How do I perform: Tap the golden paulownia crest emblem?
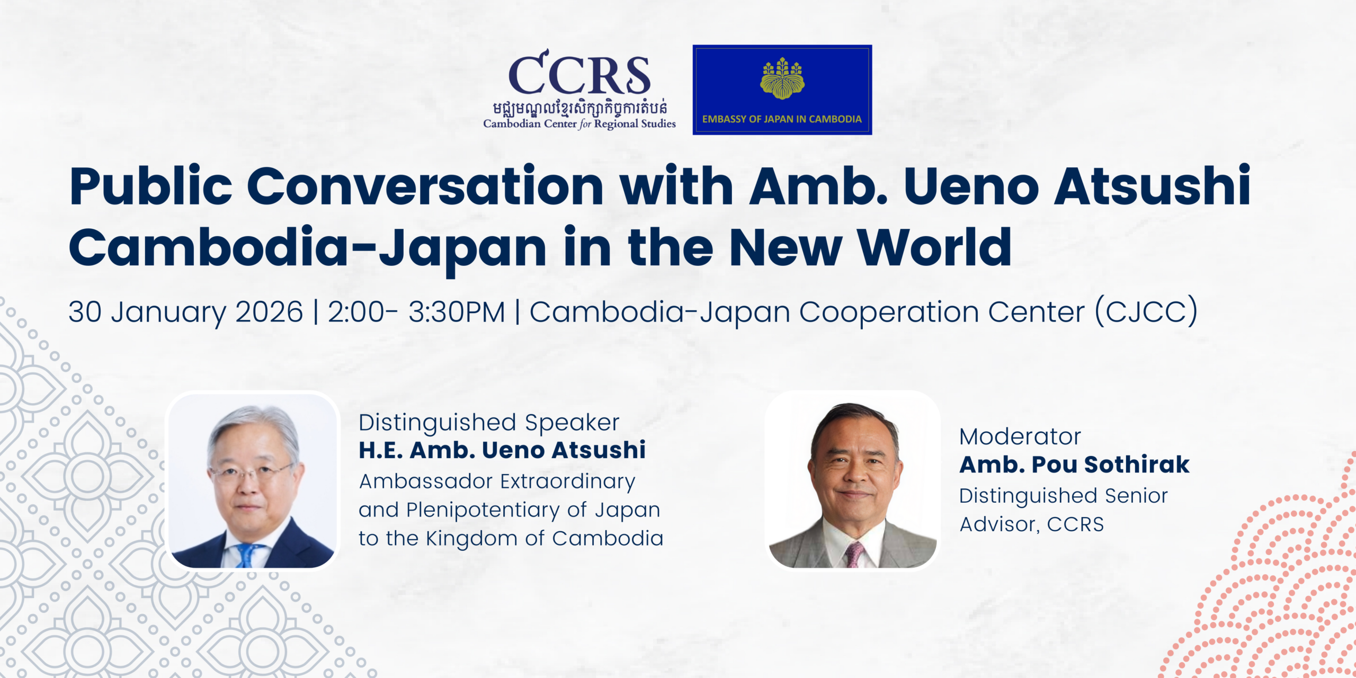(x=782, y=79)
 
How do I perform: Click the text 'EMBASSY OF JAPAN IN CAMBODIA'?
(x=782, y=119)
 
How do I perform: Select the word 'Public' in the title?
(x=151, y=187)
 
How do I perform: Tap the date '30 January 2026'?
(x=185, y=312)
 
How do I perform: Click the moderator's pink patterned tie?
(x=853, y=554)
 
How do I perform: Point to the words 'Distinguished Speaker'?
(x=489, y=423)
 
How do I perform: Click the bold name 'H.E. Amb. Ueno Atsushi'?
(x=502, y=450)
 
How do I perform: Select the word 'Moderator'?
(x=1020, y=437)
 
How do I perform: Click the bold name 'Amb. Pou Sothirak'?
(x=1074, y=465)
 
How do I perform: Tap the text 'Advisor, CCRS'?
(x=1032, y=524)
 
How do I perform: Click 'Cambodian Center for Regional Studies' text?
(x=579, y=124)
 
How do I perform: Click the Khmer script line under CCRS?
(x=579, y=108)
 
